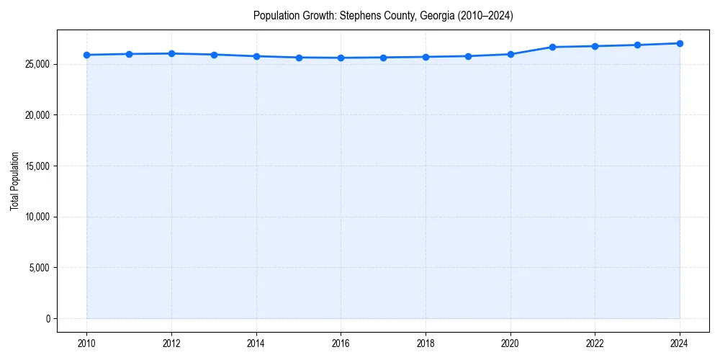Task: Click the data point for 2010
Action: click(x=86, y=55)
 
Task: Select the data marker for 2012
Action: click(x=171, y=53)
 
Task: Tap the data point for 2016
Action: click(x=341, y=58)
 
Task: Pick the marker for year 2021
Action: click(x=553, y=47)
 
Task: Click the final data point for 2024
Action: click(x=680, y=43)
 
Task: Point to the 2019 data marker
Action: click(x=468, y=56)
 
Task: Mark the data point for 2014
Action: click(x=256, y=56)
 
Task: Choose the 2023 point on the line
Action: click(x=637, y=45)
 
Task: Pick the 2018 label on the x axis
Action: click(x=426, y=344)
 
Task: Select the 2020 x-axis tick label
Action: click(x=510, y=344)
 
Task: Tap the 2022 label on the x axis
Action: click(x=595, y=344)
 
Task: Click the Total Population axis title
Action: click(x=14, y=181)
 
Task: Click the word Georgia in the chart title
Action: click(x=434, y=16)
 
